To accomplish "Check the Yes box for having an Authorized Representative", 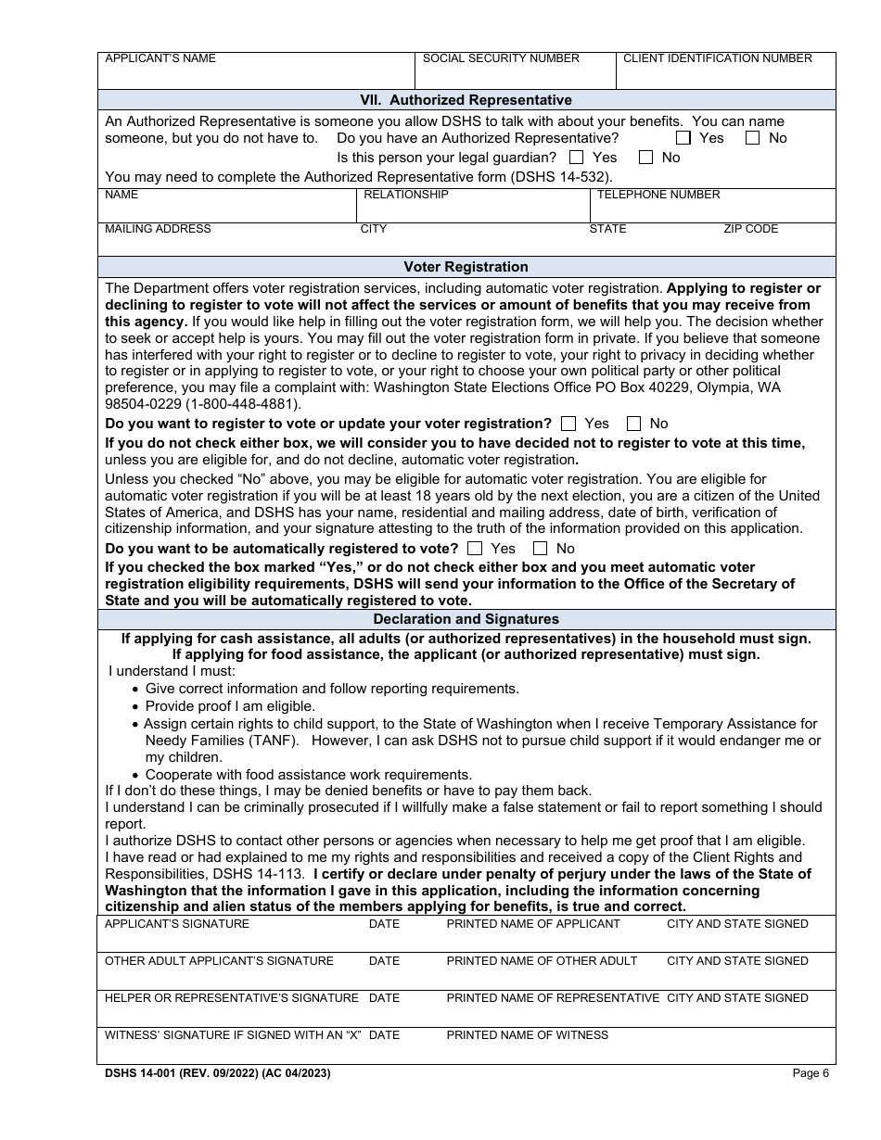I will [x=683, y=138].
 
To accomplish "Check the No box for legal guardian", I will [x=646, y=158].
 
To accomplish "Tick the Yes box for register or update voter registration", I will [x=568, y=424].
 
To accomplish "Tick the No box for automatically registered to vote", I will [x=541, y=549].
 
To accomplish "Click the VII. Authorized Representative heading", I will [x=466, y=100].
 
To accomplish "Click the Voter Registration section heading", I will [x=466, y=267].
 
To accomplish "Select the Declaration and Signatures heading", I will [x=466, y=619].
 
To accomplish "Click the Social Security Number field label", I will [x=501, y=58].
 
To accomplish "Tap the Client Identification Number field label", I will [x=717, y=58].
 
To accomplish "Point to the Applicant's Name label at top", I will [x=160, y=58].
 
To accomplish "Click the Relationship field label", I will [x=405, y=195].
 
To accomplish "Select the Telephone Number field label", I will [x=658, y=195].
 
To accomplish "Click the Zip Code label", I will [x=750, y=229].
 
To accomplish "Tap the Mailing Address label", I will [x=158, y=229].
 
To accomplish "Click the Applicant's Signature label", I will [x=176, y=924].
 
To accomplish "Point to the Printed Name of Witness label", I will [x=527, y=1035].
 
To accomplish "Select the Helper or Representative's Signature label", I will [x=231, y=998].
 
